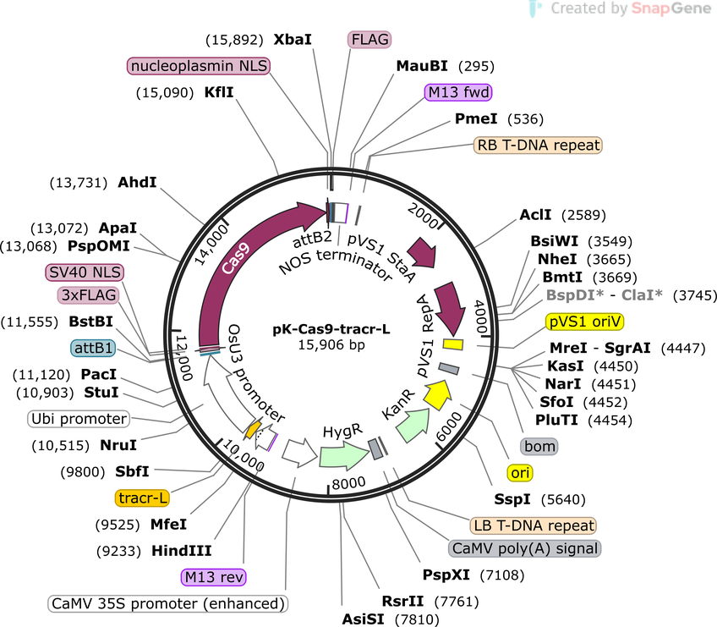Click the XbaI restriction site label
pos(293,40)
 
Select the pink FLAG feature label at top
pos(369,40)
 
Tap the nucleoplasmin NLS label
pos(199,66)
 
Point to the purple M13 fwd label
pos(458,92)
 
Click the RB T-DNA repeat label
pos(538,145)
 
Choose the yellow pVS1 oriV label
pos(585,322)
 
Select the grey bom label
pos(539,446)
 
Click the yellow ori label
pos(520,473)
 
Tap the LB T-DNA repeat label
pos(534,525)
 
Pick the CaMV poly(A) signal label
pos(524,548)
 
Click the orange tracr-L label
pos(142,498)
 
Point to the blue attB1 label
pos(93,349)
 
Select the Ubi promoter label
pos(79,419)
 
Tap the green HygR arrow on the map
pos(344,455)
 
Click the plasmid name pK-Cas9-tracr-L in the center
pos(331,329)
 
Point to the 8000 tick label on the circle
pos(349,483)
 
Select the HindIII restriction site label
pos(182,551)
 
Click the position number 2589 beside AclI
pos(583,215)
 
